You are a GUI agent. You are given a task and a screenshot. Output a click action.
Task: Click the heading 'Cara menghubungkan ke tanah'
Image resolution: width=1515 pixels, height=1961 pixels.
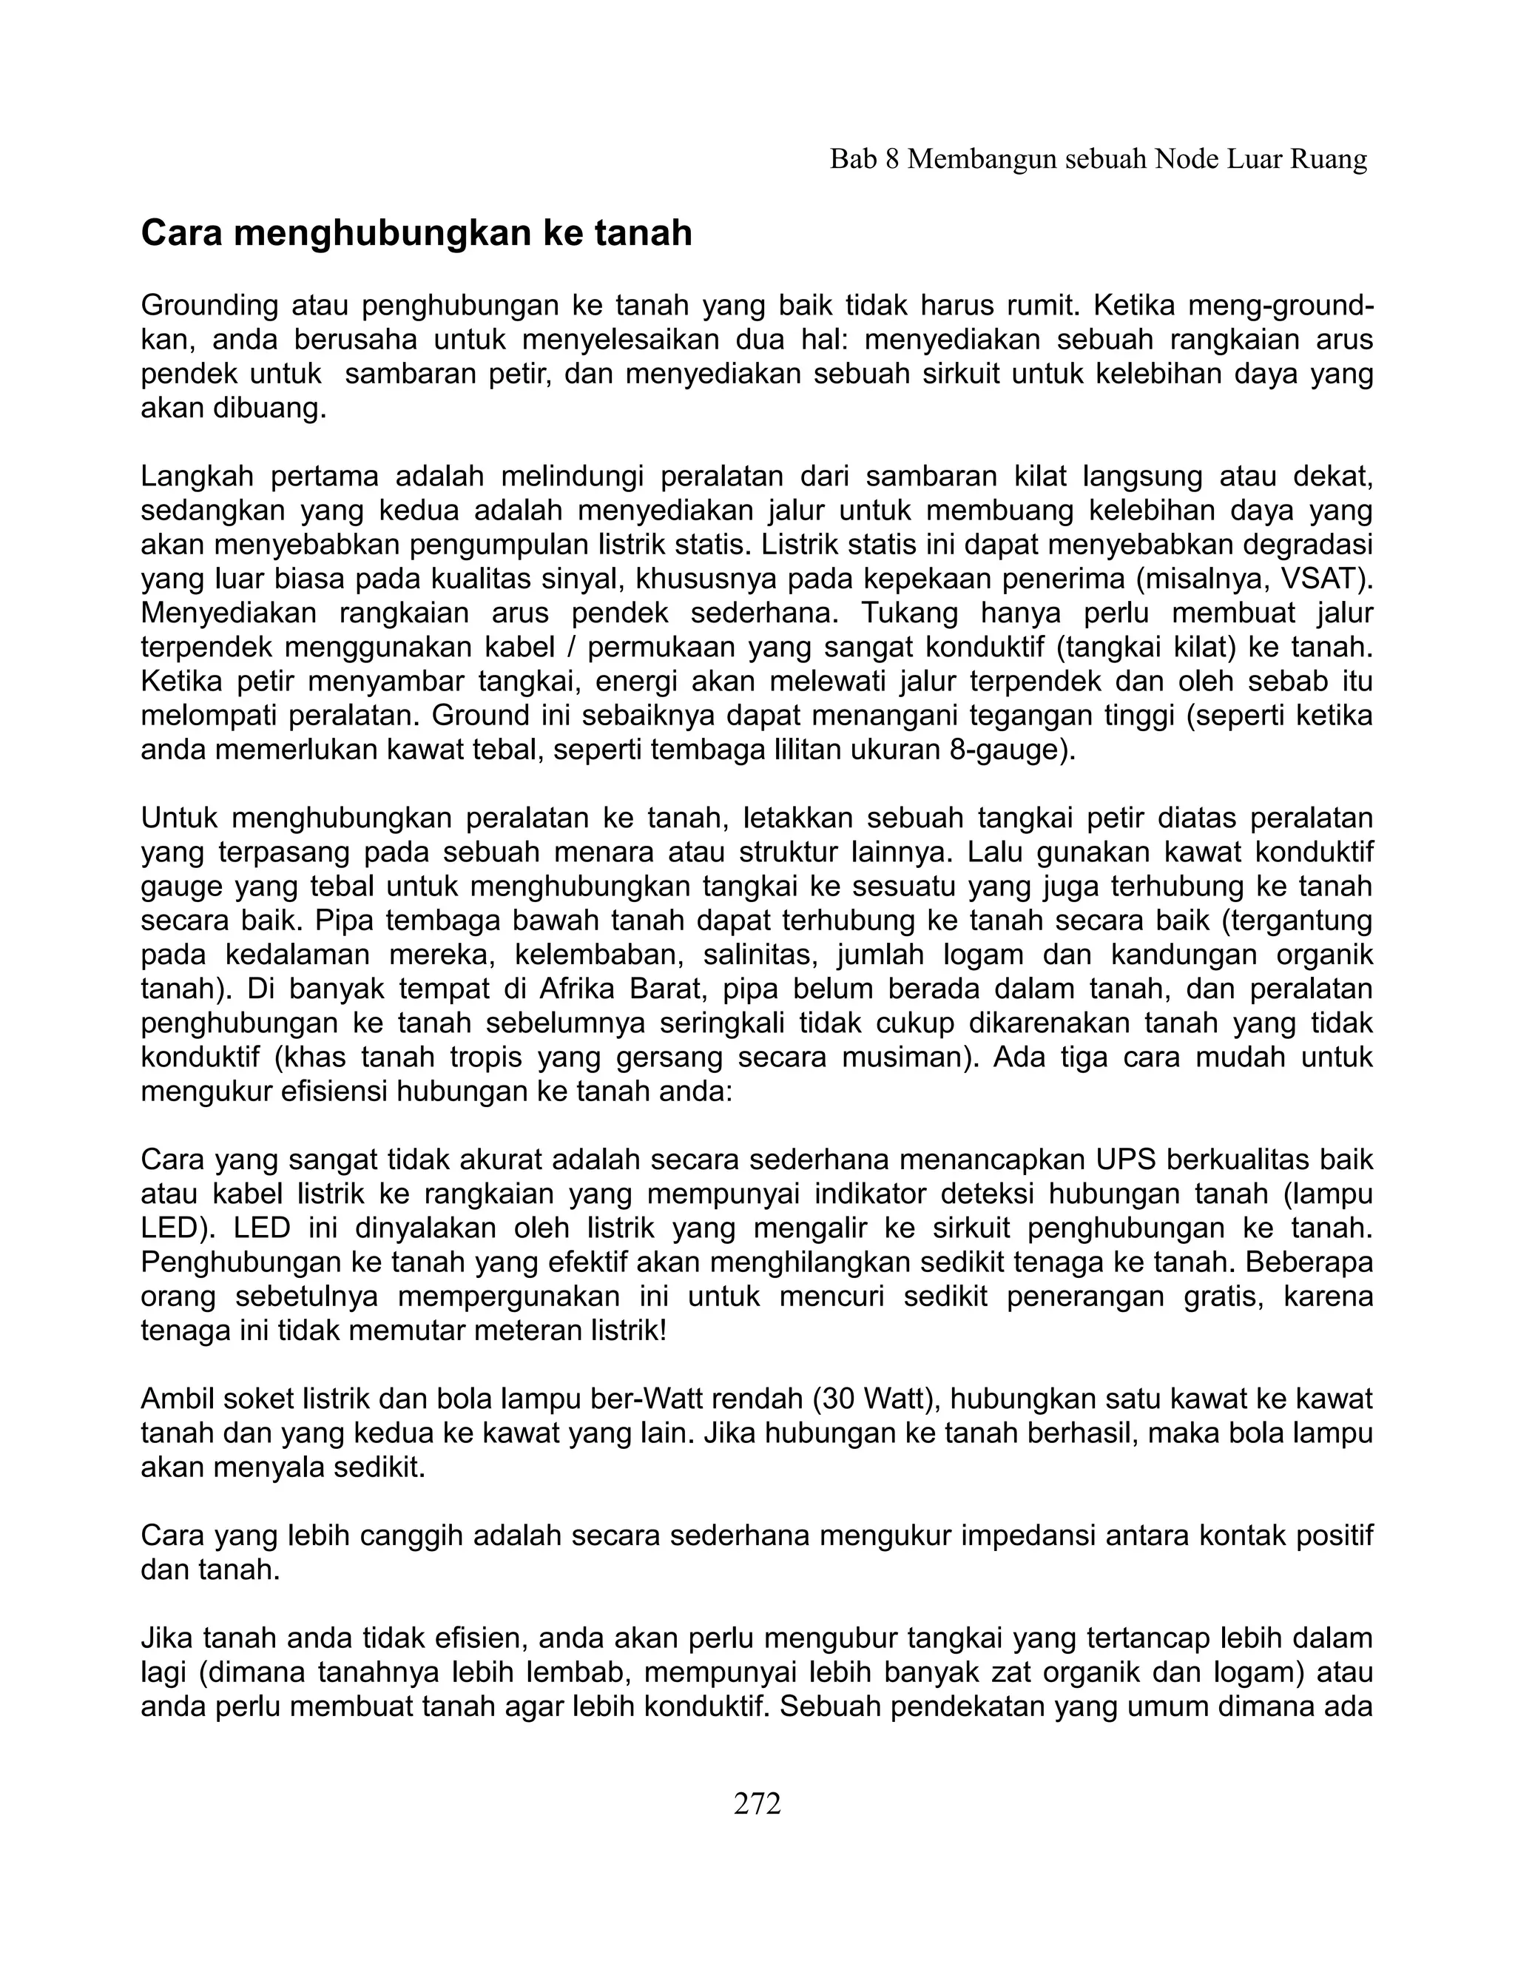(x=416, y=233)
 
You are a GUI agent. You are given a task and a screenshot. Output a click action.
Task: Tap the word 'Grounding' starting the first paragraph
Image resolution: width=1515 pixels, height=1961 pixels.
(x=209, y=306)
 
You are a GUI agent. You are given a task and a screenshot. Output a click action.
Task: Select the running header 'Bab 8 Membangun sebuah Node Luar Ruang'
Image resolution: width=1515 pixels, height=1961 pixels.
(x=1098, y=160)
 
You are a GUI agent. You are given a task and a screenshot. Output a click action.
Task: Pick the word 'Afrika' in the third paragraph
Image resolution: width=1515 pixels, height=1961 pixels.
(x=580, y=989)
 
